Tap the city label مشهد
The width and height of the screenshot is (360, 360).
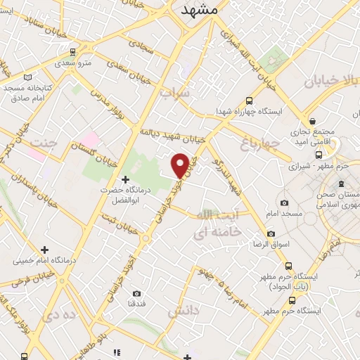(199, 11)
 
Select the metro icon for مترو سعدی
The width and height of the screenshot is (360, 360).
(73, 51)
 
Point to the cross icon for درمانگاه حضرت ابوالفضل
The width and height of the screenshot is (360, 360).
(126, 180)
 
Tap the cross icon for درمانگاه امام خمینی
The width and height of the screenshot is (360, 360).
(44, 250)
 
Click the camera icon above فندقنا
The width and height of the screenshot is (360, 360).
(136, 292)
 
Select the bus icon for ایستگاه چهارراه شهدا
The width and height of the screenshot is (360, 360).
(250, 101)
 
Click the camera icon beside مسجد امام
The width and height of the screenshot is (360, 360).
(284, 202)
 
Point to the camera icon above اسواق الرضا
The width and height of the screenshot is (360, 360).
(271, 233)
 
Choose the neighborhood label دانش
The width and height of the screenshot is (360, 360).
(184, 309)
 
